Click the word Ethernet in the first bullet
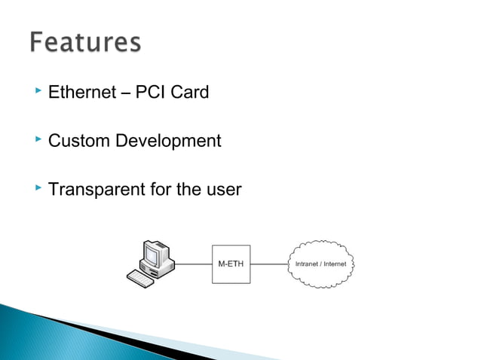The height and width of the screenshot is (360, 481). pos(81,93)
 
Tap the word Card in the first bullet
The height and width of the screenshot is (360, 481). pos(189,93)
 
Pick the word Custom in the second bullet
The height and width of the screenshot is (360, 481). pos(79,141)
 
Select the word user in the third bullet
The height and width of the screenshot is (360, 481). pos(223,188)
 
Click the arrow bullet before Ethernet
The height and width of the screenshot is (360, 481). pos(38,92)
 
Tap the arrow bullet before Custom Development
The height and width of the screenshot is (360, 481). pos(38,139)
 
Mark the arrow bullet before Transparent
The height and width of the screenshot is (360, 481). pos(38,187)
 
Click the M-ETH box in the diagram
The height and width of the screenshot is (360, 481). pos(230,264)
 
